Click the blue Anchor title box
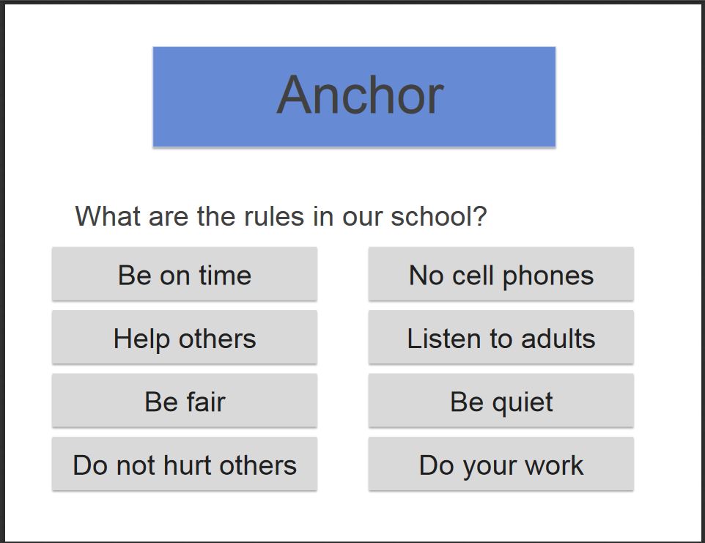[x=354, y=97]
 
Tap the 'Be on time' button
[x=185, y=274]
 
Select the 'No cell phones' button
[x=501, y=274]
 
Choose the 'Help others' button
[x=185, y=337]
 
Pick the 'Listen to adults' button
[x=501, y=337]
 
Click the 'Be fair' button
[x=185, y=401]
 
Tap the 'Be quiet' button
[x=501, y=401]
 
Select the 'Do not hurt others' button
[x=185, y=464]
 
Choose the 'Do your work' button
[x=501, y=464]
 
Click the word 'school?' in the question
[x=439, y=216]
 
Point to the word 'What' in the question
[x=108, y=216]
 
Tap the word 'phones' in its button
[x=548, y=276]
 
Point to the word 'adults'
[x=558, y=339]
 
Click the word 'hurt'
[x=188, y=465]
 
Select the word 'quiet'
[x=523, y=403]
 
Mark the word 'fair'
[x=206, y=402]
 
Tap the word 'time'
[x=225, y=275]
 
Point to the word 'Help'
[x=141, y=340]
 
